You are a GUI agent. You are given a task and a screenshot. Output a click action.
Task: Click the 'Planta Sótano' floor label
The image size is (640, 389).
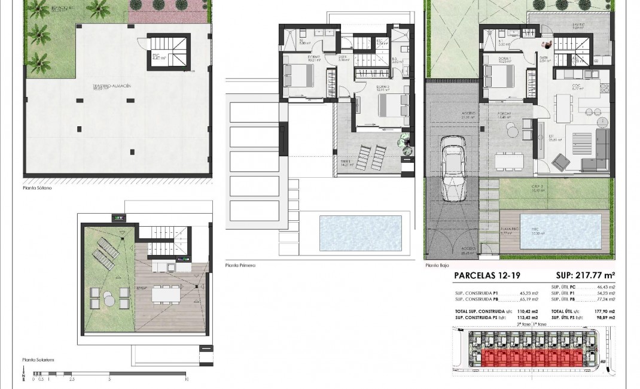click(37, 188)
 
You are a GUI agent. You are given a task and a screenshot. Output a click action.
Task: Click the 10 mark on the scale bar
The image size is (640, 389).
click(187, 379)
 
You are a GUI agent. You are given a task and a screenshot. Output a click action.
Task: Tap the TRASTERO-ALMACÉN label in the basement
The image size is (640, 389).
click(112, 86)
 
